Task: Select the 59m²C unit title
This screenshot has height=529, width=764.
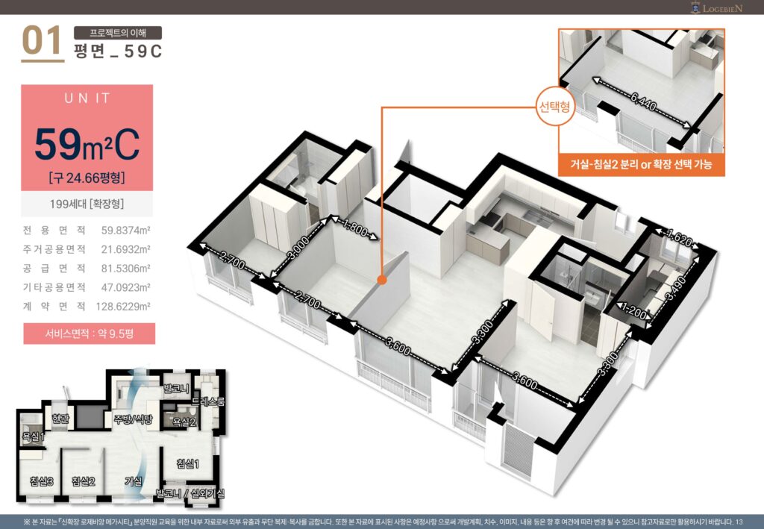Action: pos(87,145)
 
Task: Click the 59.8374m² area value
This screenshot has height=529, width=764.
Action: pos(125,230)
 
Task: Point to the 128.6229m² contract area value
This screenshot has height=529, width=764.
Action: pos(123,307)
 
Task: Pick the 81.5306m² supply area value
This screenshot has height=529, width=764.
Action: pos(125,269)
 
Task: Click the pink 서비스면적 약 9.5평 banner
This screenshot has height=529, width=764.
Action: pos(90,334)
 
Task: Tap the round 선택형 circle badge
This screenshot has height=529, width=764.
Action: pos(555,106)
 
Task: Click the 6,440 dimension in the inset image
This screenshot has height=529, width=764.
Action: pos(644,101)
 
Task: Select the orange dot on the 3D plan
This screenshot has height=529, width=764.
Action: pos(382,280)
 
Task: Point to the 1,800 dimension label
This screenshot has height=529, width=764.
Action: pos(355,228)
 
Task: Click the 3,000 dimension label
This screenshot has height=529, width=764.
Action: pos(298,248)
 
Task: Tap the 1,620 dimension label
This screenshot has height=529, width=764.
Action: pos(679,239)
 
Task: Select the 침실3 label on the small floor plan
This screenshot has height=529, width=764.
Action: pos(42,482)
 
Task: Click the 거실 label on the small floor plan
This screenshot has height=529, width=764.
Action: pos(133,481)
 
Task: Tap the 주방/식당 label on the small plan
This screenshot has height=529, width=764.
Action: pos(133,419)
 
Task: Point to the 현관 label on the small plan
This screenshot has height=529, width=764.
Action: pos(60,419)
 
